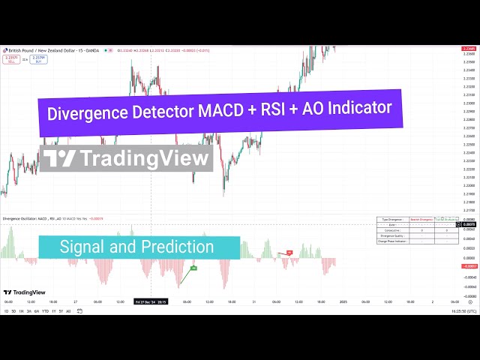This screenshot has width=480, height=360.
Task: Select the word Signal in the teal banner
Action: tap(82, 247)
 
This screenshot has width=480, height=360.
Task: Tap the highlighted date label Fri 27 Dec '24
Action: tap(151, 301)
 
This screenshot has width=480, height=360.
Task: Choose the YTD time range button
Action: tap(45, 310)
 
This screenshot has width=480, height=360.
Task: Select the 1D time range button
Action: tap(7, 310)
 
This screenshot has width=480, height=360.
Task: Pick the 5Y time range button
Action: tap(61, 310)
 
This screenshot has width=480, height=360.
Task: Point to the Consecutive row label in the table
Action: tap(391, 230)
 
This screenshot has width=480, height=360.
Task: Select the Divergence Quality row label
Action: tap(391, 235)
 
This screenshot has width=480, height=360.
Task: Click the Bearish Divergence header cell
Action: tap(422, 219)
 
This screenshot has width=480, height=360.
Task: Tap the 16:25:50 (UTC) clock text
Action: tap(458, 310)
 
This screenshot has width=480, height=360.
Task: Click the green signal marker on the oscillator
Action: tap(193, 268)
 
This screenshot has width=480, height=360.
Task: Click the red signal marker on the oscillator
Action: tap(289, 253)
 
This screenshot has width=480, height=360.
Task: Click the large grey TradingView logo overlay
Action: tap(126, 158)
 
